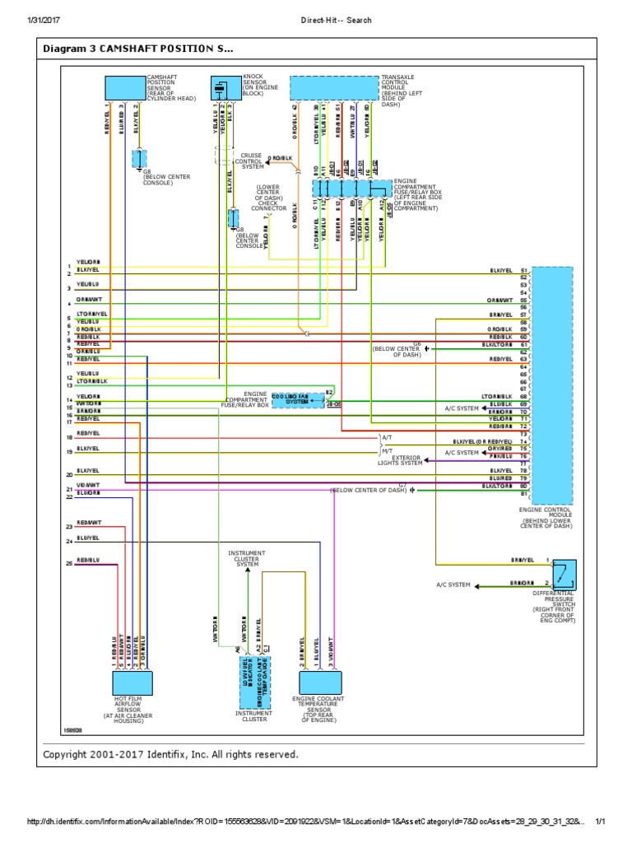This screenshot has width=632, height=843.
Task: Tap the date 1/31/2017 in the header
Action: (46, 20)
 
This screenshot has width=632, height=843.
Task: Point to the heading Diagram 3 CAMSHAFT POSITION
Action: (138, 49)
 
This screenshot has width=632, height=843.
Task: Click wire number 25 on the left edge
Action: (70, 563)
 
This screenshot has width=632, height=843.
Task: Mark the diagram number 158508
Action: (74, 729)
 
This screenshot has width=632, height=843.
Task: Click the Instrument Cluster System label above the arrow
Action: (247, 558)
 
